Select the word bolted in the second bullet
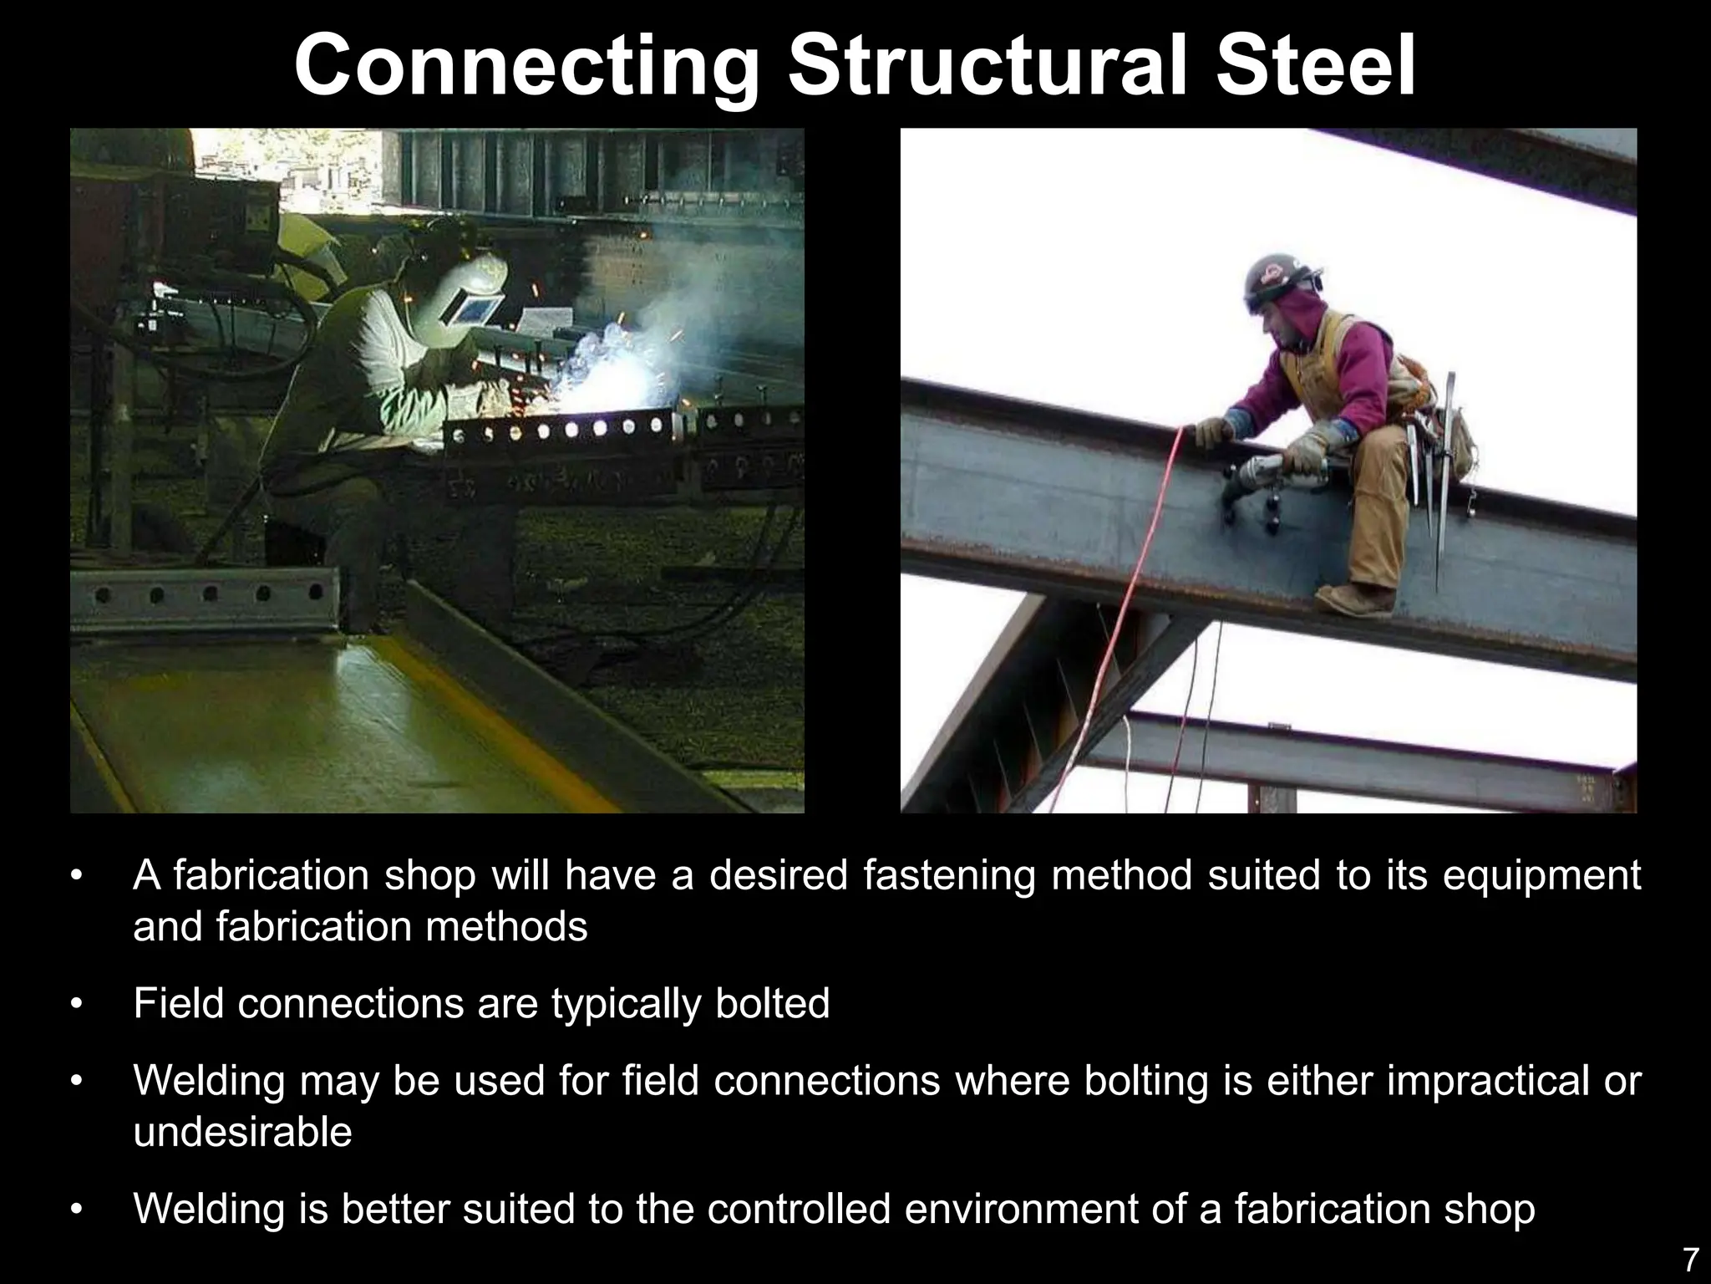(773, 1003)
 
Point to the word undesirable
(242, 1132)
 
